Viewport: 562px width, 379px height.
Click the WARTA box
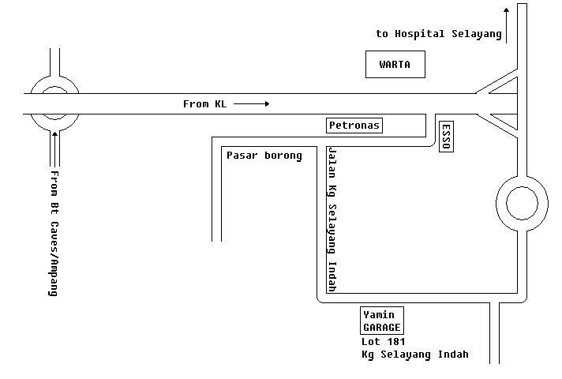[395, 65]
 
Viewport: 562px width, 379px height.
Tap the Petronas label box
[354, 125]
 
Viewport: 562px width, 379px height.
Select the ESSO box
[446, 137]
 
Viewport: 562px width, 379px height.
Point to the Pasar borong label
[264, 156]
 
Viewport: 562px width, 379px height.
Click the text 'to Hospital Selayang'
[439, 34]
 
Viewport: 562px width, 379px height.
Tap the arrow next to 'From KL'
[252, 103]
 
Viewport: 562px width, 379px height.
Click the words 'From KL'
[204, 103]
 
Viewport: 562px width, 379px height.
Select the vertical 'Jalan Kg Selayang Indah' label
[332, 220]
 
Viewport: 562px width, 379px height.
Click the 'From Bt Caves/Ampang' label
[54, 233]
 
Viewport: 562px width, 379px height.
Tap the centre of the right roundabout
[521, 204]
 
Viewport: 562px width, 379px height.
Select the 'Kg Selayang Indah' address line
[414, 355]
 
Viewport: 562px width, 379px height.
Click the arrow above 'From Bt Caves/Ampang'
[54, 146]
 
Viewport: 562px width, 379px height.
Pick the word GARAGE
[382, 327]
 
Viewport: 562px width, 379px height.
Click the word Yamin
[379, 315]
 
